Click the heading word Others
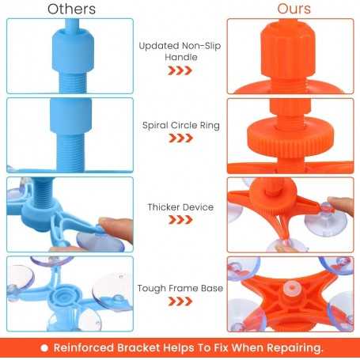click(x=71, y=9)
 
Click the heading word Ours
click(x=294, y=9)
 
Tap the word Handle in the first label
click(x=181, y=57)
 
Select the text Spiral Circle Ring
click(x=181, y=125)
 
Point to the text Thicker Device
click(x=180, y=207)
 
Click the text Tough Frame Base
click(x=180, y=288)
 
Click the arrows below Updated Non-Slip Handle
click(x=180, y=70)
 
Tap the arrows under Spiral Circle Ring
click(x=180, y=138)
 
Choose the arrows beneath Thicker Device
click(x=180, y=220)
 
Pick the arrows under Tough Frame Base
click(x=180, y=301)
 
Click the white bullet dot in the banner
click(x=44, y=348)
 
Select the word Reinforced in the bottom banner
click(x=84, y=348)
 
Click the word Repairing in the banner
click(x=294, y=348)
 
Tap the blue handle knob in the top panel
click(x=73, y=50)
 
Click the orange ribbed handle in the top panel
click(x=288, y=50)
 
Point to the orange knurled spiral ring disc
click(x=290, y=137)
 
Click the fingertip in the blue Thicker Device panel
click(x=117, y=229)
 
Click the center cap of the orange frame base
click(x=291, y=287)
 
